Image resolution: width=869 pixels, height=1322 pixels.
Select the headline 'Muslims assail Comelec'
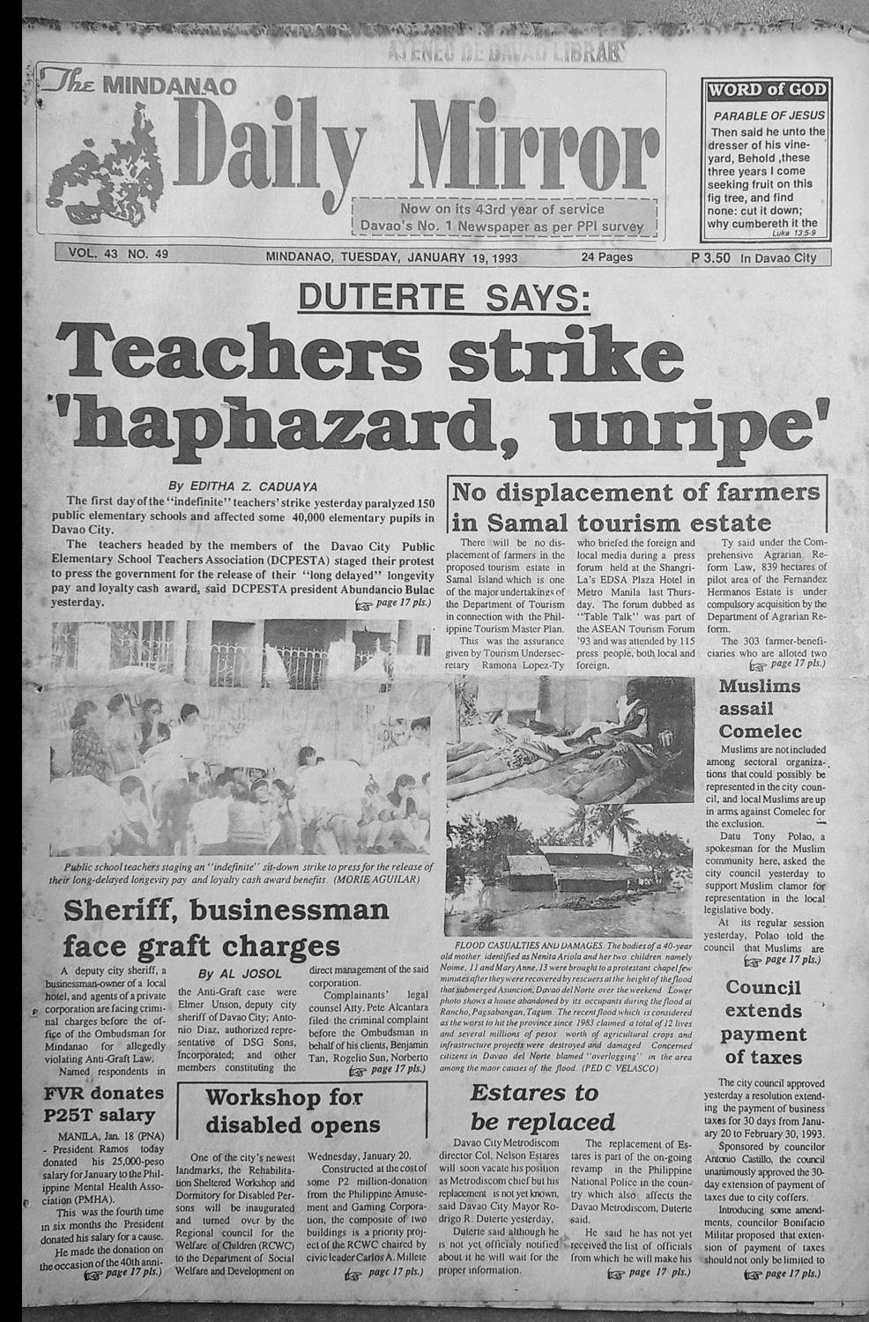760,708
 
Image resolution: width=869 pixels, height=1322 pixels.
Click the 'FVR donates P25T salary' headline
104,1104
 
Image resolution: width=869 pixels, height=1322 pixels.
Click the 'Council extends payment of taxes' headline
763,1022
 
